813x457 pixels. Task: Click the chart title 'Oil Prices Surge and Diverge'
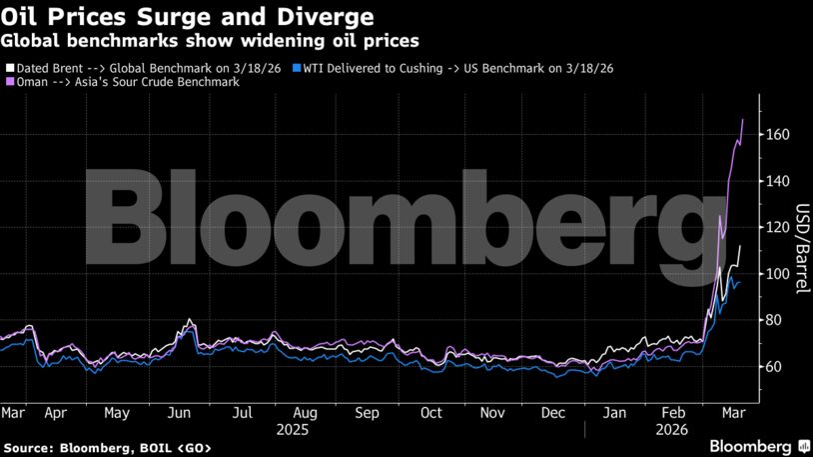[188, 17]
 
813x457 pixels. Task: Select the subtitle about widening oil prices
[210, 41]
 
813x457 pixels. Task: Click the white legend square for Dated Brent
[9, 68]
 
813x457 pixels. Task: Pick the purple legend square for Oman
[9, 82]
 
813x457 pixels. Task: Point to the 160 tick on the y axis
[779, 135]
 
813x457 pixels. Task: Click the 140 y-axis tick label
[779, 181]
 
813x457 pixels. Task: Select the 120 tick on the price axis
[779, 227]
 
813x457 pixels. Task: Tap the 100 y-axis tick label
[779, 274]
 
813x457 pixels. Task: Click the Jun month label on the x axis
[180, 412]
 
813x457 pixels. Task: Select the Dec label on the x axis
[554, 412]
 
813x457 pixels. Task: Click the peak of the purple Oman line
[742, 119]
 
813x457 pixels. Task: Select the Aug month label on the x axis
[305, 412]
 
